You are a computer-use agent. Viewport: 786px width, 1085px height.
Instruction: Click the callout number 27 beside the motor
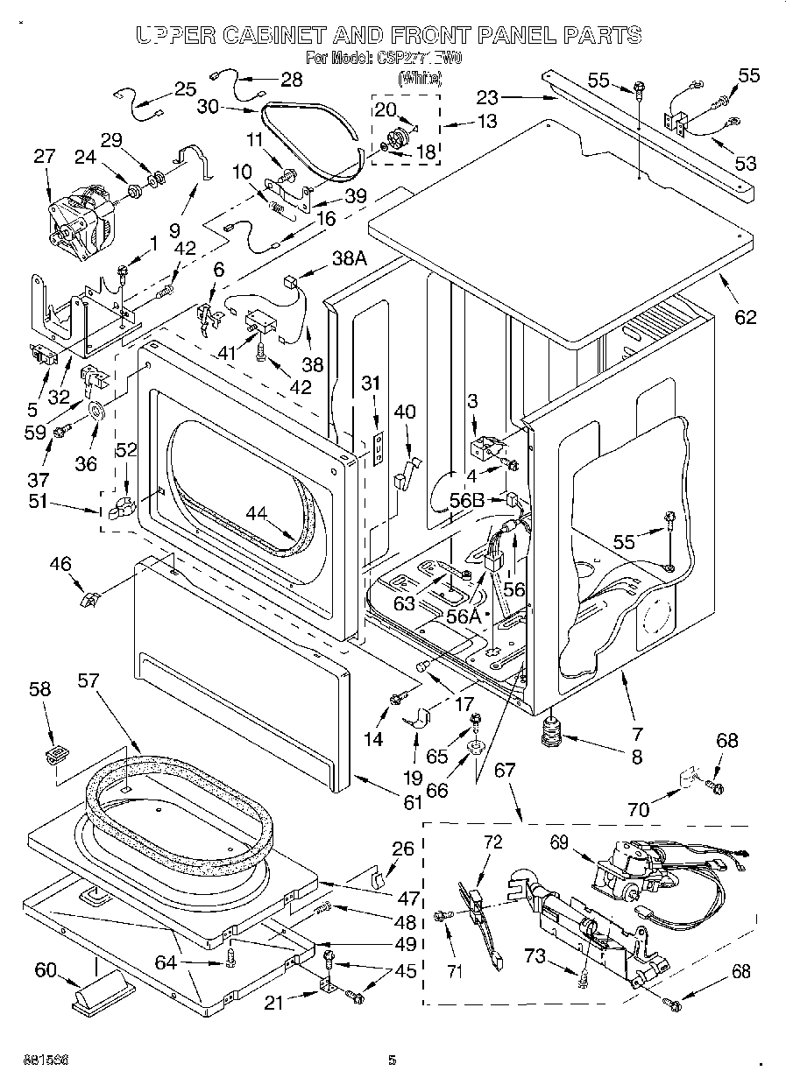coord(44,158)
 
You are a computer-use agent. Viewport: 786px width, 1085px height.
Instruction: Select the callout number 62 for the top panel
coord(745,317)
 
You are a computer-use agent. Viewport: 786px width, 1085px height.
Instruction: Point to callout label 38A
coord(348,257)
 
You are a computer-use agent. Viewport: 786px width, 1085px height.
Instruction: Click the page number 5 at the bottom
coord(392,1060)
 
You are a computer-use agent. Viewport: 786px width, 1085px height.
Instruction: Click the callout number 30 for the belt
coord(208,106)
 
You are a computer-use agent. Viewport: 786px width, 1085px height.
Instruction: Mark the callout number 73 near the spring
coord(536,957)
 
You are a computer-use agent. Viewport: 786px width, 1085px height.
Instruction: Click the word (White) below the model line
coord(419,78)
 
